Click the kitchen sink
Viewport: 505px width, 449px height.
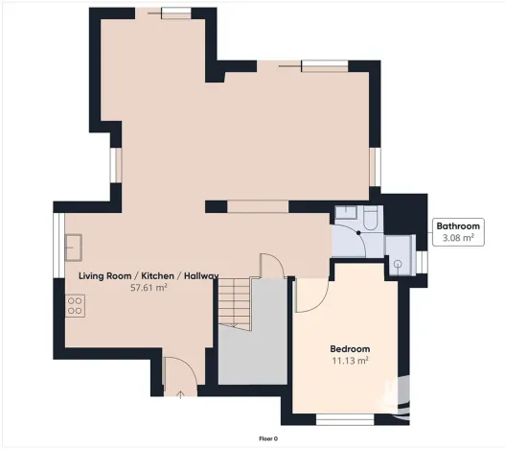(x=73, y=248)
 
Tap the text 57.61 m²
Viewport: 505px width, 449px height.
(x=149, y=288)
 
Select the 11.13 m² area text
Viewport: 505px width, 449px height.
(x=350, y=361)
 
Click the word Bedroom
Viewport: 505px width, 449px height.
(x=350, y=348)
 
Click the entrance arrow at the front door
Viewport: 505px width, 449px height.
(x=178, y=392)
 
